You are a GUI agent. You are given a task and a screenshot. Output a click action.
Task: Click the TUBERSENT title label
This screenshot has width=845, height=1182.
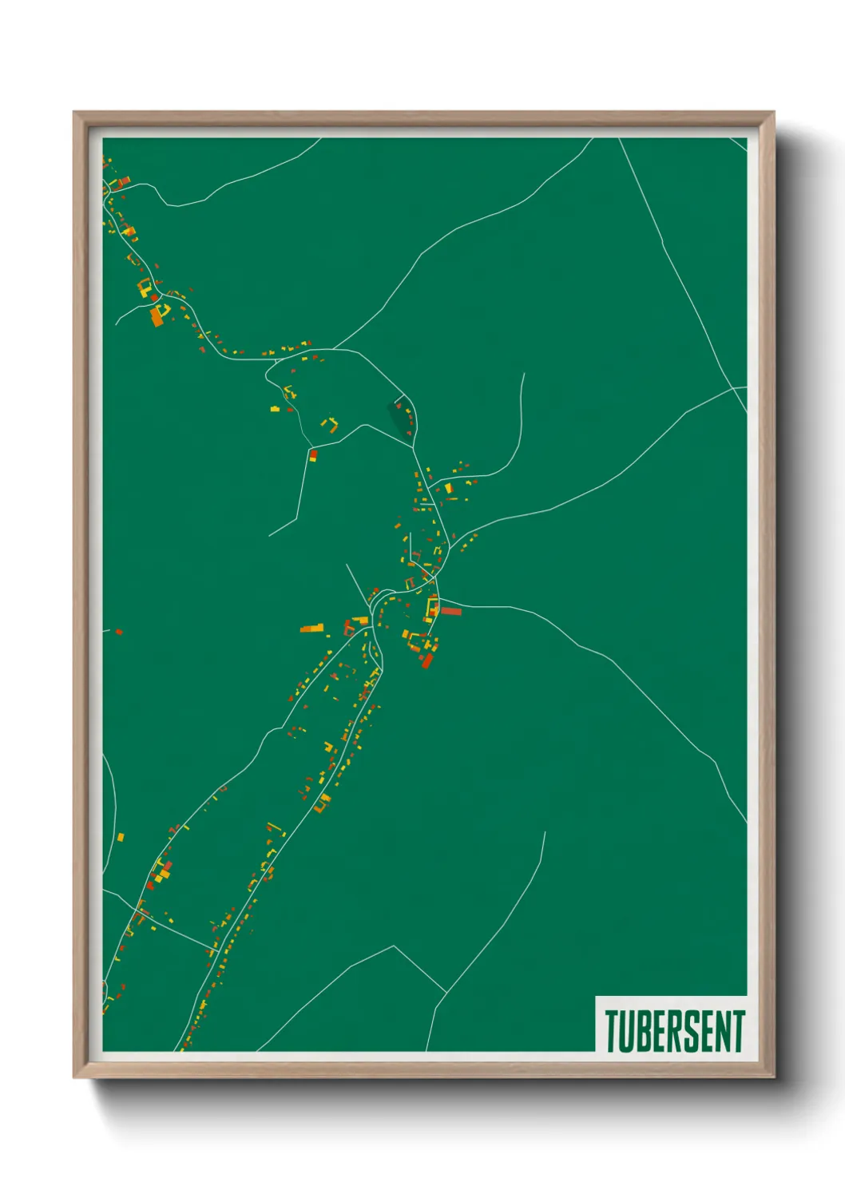(674, 1031)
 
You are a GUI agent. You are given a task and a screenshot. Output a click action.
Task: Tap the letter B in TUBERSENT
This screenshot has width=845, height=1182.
(645, 1031)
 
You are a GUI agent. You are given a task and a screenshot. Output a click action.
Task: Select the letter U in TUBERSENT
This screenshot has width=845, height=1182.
(628, 1031)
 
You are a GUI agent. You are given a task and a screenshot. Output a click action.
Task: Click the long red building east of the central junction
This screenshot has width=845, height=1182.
(451, 612)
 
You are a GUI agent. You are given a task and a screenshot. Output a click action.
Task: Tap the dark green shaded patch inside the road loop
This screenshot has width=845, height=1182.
(397, 417)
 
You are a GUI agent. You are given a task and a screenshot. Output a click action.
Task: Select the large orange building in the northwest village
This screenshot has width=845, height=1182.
(157, 317)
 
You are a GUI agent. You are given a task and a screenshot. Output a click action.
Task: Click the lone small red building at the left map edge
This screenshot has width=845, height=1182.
(119, 632)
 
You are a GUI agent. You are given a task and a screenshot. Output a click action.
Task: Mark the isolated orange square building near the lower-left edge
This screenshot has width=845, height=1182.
(121, 838)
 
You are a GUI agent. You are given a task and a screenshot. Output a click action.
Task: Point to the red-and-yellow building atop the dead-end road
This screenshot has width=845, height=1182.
(313, 455)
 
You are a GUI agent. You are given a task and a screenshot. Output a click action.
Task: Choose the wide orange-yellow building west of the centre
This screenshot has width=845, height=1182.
(313, 629)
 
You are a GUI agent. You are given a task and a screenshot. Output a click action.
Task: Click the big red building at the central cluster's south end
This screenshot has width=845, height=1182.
(426, 660)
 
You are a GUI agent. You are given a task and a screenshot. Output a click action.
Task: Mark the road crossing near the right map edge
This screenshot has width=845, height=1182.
(734, 389)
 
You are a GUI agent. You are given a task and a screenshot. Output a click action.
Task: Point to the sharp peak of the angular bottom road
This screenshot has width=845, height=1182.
(394, 947)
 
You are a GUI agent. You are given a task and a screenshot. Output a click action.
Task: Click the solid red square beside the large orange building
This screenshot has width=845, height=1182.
(154, 298)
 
